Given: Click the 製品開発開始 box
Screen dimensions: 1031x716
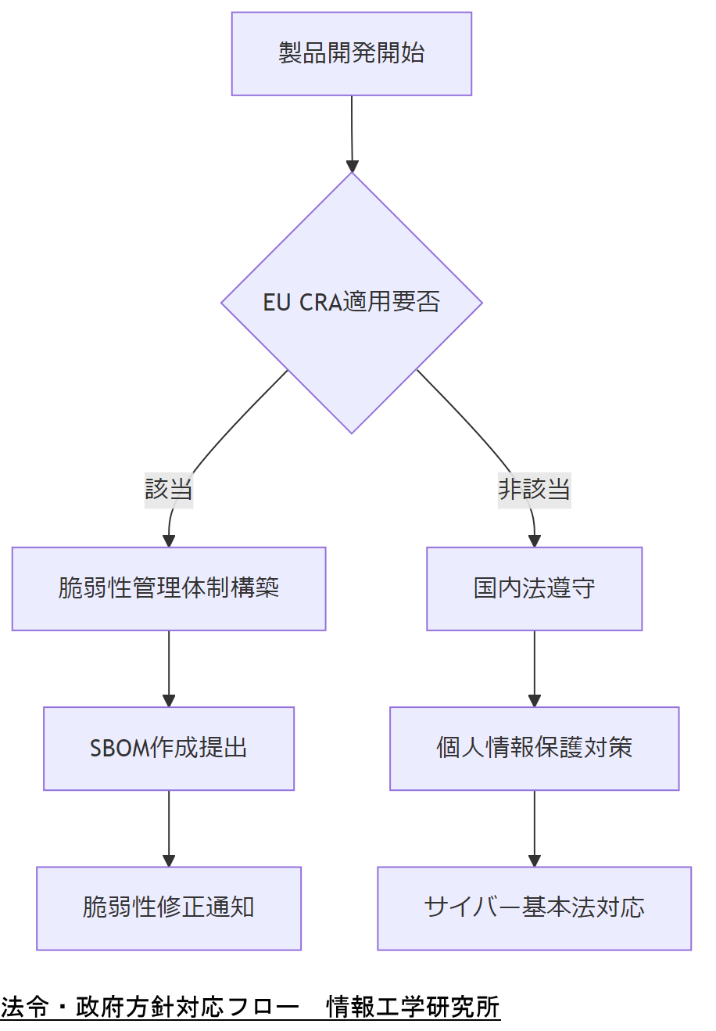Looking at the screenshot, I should [x=351, y=54].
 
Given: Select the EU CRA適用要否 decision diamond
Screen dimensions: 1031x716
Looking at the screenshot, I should [x=351, y=303].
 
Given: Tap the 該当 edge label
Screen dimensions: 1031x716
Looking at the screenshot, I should [x=169, y=490].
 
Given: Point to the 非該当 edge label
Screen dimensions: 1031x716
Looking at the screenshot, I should [x=534, y=490].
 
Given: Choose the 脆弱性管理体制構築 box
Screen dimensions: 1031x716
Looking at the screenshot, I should [x=169, y=588].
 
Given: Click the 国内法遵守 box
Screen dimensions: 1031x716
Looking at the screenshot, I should [x=534, y=588].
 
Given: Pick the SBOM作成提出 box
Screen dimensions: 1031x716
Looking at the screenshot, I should [x=169, y=749].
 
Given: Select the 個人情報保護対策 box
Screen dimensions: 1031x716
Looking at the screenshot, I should [x=534, y=749].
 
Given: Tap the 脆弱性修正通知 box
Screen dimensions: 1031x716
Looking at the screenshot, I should [x=169, y=908].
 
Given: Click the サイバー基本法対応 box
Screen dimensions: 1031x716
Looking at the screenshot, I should [x=534, y=908].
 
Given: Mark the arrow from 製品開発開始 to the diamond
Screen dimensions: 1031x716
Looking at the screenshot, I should [x=352, y=133].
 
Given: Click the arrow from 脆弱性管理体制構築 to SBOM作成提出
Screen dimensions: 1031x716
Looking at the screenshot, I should [x=169, y=669].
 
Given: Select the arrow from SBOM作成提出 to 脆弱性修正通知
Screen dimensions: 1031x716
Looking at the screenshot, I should [x=169, y=828].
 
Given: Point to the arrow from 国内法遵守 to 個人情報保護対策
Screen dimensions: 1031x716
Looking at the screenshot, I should [x=535, y=669].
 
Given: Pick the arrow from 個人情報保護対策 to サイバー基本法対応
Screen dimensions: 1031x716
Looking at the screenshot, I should [x=535, y=828].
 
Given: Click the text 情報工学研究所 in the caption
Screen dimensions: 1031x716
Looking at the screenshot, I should [x=413, y=1008].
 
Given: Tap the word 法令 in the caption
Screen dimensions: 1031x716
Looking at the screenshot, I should [x=25, y=1008].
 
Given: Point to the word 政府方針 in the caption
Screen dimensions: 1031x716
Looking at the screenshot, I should [x=125, y=1008].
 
